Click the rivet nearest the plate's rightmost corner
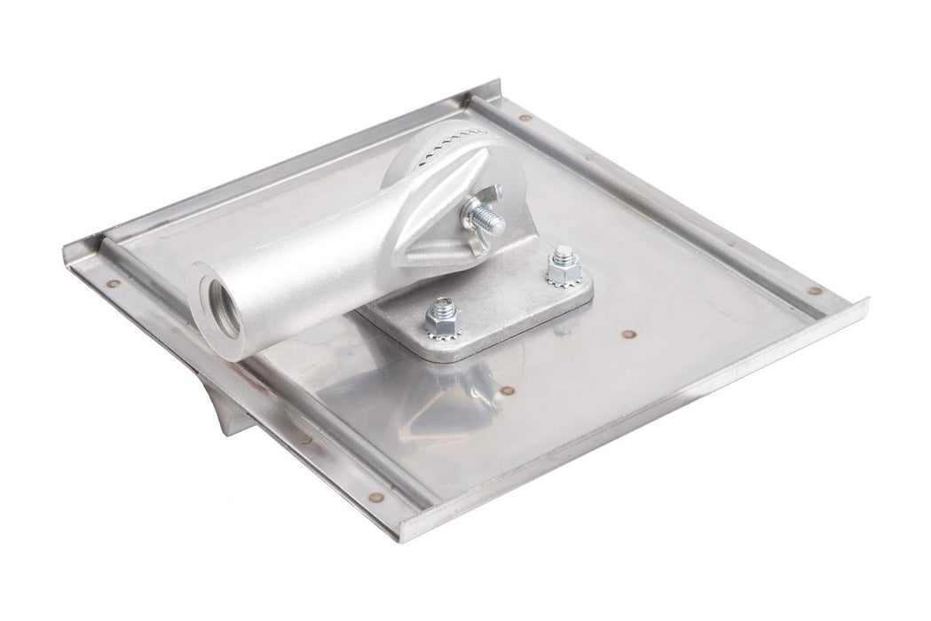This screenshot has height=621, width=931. click(x=814, y=290)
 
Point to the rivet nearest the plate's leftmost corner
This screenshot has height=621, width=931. click(x=113, y=284)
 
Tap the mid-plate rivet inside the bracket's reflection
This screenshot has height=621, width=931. click(x=508, y=389)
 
